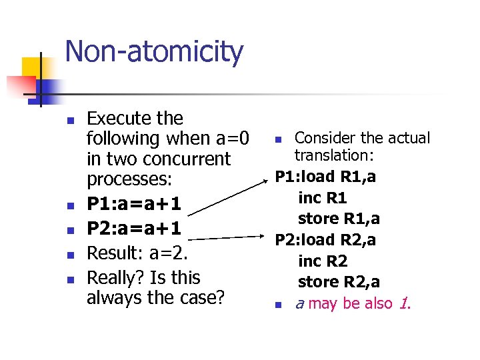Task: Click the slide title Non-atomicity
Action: (x=154, y=53)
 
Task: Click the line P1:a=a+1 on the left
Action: (x=134, y=201)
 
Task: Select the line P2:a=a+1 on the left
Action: (x=134, y=228)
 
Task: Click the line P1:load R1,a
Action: (x=325, y=177)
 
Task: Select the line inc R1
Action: (x=323, y=198)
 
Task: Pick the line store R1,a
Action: (x=339, y=219)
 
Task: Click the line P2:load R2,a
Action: (x=325, y=239)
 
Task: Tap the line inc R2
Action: (x=323, y=261)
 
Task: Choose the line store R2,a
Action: (x=339, y=281)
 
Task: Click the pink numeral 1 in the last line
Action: (x=403, y=303)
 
